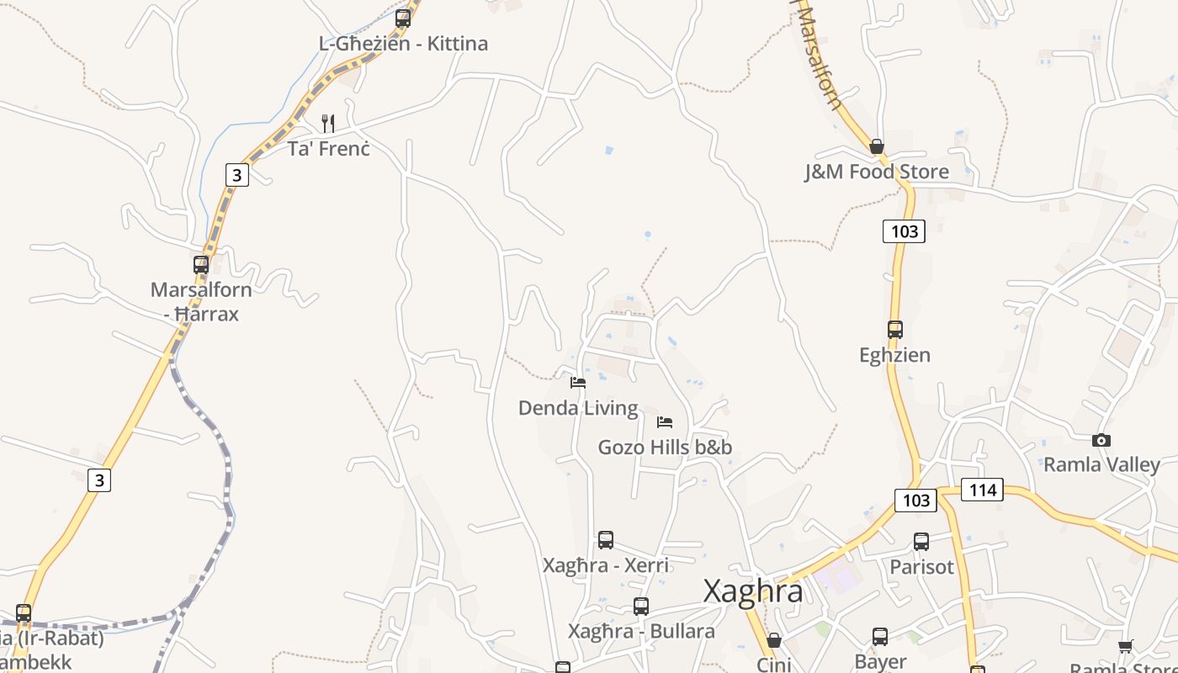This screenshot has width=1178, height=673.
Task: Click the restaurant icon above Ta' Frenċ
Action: tap(328, 124)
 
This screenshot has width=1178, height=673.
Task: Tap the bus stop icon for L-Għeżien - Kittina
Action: tap(403, 18)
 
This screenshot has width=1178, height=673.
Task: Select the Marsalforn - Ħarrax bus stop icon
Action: tap(201, 264)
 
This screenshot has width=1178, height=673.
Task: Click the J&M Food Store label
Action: tap(876, 172)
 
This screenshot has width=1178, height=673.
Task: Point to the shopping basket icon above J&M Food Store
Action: tap(877, 146)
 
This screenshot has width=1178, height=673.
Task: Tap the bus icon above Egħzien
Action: tap(895, 330)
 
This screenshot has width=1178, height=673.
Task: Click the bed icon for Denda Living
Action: tap(578, 382)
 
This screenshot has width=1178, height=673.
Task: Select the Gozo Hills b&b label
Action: tap(665, 447)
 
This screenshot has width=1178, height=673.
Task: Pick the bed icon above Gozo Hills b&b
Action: tap(665, 421)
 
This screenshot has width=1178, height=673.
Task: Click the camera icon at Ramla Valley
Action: tap(1101, 440)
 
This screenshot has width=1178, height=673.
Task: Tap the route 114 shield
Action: tap(982, 490)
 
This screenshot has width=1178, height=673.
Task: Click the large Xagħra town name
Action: tap(753, 591)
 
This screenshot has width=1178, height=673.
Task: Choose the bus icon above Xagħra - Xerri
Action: tap(606, 540)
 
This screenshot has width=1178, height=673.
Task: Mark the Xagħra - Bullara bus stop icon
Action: tap(641, 606)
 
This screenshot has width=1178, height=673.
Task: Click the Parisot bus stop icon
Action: tap(921, 542)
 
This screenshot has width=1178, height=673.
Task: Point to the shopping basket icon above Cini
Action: tap(774, 640)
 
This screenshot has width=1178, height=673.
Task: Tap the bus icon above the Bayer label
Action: tap(880, 637)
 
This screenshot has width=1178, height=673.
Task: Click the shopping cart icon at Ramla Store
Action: tap(1126, 646)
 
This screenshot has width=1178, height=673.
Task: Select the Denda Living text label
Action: tap(578, 408)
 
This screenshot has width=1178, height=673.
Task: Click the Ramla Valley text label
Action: tap(1101, 464)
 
